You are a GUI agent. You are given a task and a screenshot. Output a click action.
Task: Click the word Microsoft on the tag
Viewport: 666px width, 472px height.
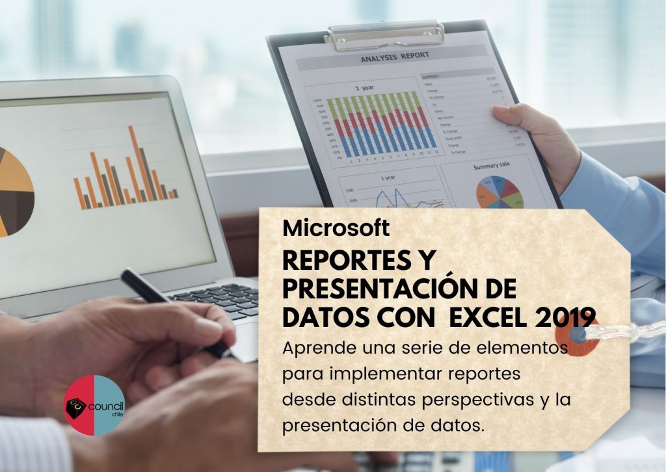pyautogui.click(x=336, y=228)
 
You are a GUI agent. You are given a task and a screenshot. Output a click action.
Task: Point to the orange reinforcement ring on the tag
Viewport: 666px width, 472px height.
pyautogui.click(x=577, y=338)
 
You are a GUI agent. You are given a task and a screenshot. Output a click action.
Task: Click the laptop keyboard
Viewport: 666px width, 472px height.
pyautogui.click(x=221, y=300)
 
